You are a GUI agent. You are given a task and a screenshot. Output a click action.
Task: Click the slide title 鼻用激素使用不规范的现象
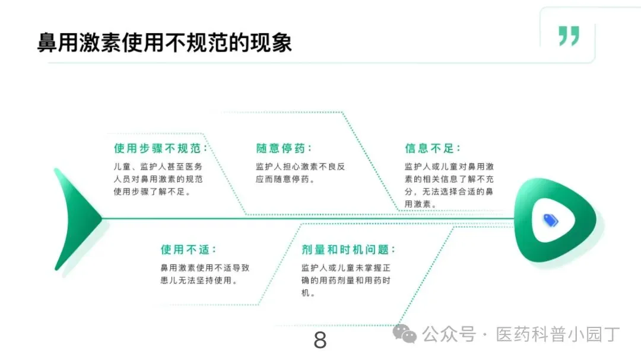[x=164, y=43]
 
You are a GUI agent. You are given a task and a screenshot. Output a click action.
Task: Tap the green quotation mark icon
[x=569, y=36]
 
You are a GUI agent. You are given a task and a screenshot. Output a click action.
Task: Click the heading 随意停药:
[x=284, y=148]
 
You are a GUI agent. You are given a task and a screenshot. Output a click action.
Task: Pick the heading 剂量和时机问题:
[x=348, y=250]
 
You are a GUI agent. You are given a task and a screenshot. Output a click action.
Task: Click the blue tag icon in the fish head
[x=551, y=220]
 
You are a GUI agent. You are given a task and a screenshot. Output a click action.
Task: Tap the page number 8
[x=320, y=340]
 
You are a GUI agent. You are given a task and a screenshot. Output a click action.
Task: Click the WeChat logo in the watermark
[x=408, y=335]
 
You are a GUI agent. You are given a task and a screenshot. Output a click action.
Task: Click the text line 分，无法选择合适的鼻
[x=449, y=192]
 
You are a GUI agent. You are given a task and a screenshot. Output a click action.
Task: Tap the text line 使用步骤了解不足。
[x=153, y=192]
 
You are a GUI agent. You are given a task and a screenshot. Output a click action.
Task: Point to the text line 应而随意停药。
[x=285, y=179]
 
